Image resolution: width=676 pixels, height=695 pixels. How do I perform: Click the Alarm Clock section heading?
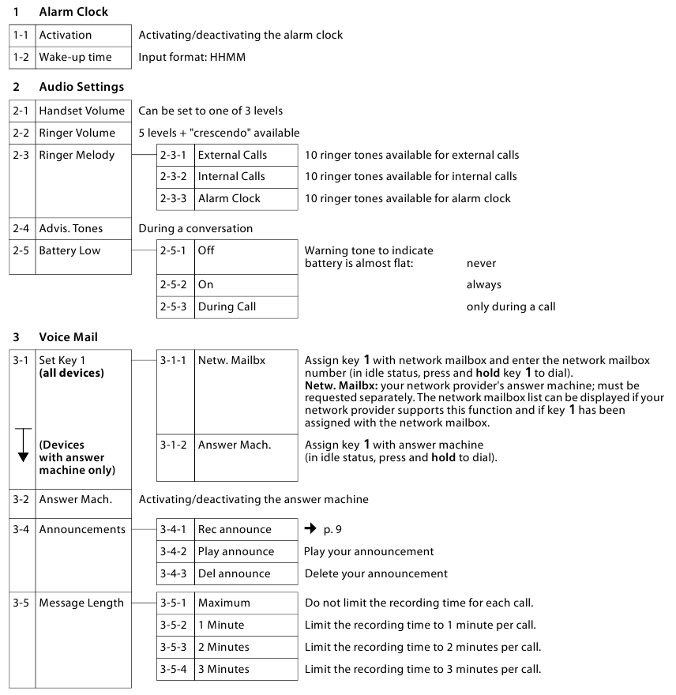point(73,12)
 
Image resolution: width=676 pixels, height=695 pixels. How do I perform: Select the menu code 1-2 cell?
point(22,57)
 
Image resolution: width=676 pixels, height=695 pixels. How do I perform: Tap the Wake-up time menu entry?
point(75,57)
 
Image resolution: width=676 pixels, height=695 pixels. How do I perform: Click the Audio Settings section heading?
point(81,87)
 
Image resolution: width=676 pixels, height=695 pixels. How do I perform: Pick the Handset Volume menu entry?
point(81,111)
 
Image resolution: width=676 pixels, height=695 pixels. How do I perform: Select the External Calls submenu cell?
point(232,155)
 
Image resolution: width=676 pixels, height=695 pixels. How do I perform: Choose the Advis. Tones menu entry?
point(71,228)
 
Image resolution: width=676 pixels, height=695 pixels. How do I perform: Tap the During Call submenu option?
point(227,306)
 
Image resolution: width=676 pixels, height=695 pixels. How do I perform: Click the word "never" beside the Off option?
point(481,263)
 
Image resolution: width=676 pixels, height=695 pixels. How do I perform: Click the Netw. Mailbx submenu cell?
point(231,360)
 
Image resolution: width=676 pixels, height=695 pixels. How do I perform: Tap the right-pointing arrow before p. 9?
point(310,529)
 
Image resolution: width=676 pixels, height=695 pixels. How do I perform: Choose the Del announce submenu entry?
point(234,573)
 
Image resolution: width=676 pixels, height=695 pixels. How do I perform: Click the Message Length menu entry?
point(81,603)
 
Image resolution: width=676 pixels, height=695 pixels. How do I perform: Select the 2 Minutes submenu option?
point(223,647)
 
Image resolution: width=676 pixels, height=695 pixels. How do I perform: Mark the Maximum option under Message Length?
point(223,603)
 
